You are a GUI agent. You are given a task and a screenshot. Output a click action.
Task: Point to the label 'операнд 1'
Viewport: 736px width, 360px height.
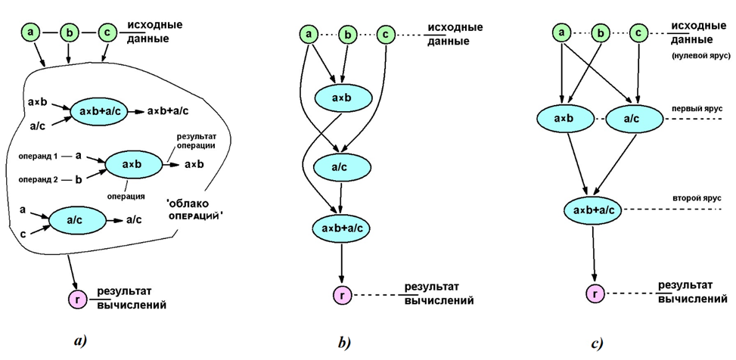pyautogui.click(x=36, y=155)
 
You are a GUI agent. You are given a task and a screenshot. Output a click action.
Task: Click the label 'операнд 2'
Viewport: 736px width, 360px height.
pyautogui.click(x=36, y=179)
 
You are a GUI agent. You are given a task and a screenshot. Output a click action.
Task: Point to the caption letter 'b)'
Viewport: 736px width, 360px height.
pyautogui.click(x=343, y=342)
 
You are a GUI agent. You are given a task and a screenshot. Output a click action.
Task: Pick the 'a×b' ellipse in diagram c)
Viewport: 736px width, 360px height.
pyautogui.click(x=561, y=119)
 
